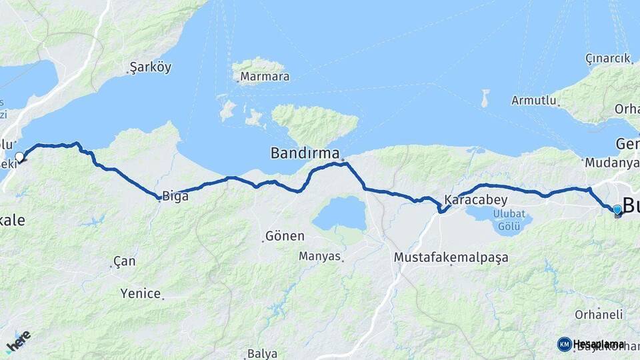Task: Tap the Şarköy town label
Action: pos(151,67)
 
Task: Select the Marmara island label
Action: pos(265,77)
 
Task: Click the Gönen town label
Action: pos(285,236)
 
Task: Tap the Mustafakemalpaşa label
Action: pos(451,257)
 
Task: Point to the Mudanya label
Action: pos(606,162)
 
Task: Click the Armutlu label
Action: pos(533,101)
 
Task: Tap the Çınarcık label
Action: pos(607,59)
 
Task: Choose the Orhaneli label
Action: pos(600,314)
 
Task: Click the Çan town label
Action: pos(124,261)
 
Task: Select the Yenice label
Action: pos(141,293)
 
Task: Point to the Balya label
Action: pos(261,353)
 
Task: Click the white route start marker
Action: pos(20,157)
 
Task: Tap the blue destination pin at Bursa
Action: pos(617,210)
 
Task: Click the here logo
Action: pos(18,342)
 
